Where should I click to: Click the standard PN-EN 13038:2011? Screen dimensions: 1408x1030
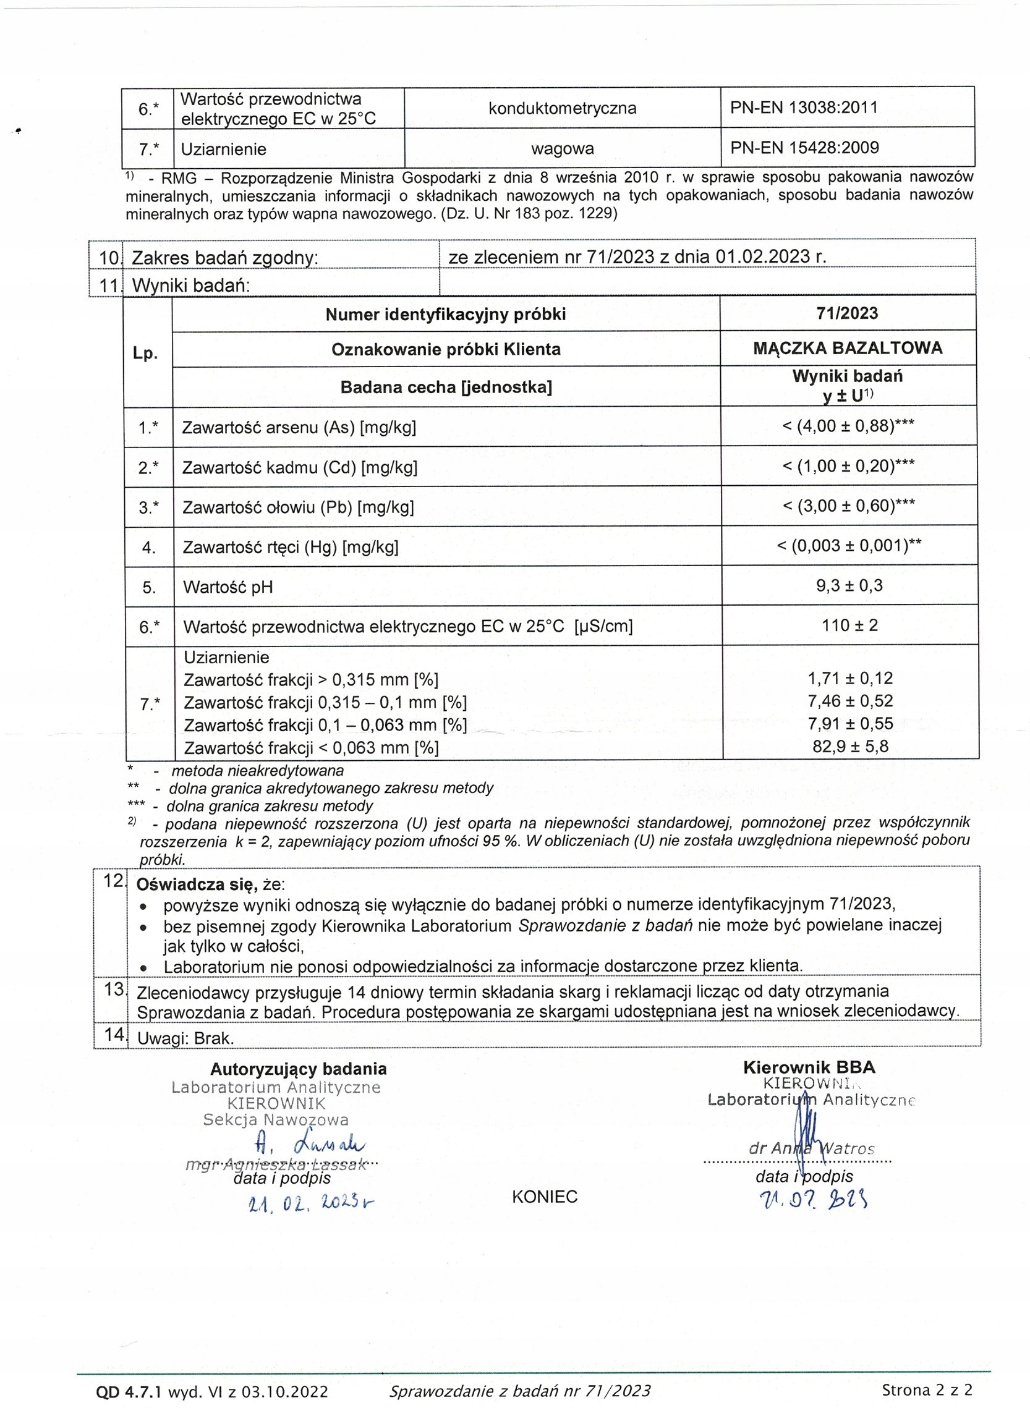[804, 108]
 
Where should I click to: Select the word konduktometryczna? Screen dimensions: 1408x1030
[562, 108]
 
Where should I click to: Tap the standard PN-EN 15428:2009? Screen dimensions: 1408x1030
[804, 148]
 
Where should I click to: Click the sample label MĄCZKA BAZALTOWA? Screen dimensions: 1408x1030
[848, 348]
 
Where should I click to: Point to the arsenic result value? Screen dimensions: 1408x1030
[848, 426]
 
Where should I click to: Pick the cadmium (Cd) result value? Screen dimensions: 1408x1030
[848, 465]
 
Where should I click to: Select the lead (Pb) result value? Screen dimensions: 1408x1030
[848, 506]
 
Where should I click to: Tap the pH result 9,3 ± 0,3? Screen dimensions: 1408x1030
[849, 585]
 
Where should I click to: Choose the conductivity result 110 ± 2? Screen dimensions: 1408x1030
[849, 625]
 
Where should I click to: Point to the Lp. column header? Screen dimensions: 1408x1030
[145, 354]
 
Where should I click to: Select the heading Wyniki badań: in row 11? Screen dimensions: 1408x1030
[191, 286]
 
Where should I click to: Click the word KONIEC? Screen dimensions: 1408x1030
[544, 1197]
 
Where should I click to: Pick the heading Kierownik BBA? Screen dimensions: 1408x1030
[809, 1067]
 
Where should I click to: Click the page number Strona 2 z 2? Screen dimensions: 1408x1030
[927, 1389]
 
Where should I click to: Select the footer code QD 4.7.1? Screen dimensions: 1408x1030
[129, 1391]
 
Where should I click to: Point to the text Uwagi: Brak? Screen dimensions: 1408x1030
[185, 1038]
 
